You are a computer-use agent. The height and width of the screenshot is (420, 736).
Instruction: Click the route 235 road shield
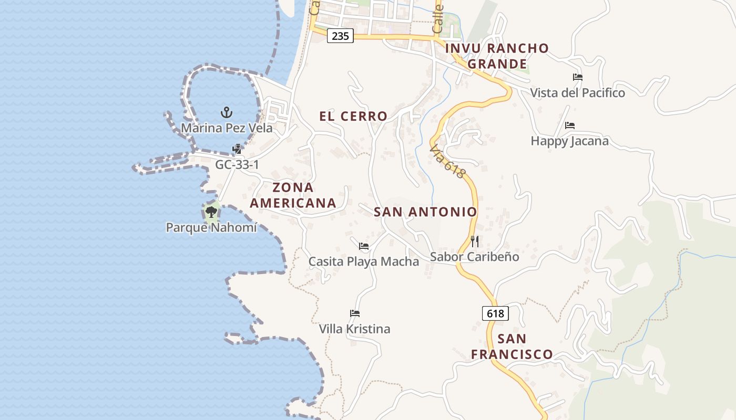pos(340,36)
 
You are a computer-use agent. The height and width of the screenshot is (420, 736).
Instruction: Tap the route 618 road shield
pos(495,313)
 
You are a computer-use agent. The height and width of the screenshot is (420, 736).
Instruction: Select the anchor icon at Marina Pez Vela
pos(227,112)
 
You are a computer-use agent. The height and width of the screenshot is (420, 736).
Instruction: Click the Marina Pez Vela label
pos(227,128)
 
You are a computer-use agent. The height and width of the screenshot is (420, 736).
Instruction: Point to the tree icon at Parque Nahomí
pos(211,212)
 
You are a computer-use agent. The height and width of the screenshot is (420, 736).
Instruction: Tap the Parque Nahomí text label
pos(211,228)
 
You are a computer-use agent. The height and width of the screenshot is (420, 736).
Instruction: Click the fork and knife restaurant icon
pos(475,241)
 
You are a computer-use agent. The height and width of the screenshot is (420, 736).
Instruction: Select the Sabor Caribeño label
pos(475,257)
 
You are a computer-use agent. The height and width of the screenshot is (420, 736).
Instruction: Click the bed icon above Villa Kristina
pos(355,313)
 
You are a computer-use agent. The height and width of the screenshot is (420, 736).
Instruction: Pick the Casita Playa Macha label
pos(364,261)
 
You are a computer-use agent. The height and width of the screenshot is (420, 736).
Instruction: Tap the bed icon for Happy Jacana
pos(570,125)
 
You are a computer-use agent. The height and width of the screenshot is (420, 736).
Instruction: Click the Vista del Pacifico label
pos(577,93)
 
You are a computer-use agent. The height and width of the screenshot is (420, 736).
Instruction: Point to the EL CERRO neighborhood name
pos(353,117)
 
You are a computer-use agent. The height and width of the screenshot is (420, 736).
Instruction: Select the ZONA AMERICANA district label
pos(293,195)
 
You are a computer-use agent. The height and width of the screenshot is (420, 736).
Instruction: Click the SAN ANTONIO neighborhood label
pos(425,212)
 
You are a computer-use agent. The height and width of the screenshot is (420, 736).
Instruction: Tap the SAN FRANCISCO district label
pos(512,346)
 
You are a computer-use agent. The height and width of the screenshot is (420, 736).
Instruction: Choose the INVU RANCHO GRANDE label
pos(497,56)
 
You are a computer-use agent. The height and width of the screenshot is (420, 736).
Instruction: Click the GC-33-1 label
pos(237,165)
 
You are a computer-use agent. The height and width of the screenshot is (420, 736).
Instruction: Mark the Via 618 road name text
pos(447,162)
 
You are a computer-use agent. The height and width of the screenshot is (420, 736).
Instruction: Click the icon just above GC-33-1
pos(237,149)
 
